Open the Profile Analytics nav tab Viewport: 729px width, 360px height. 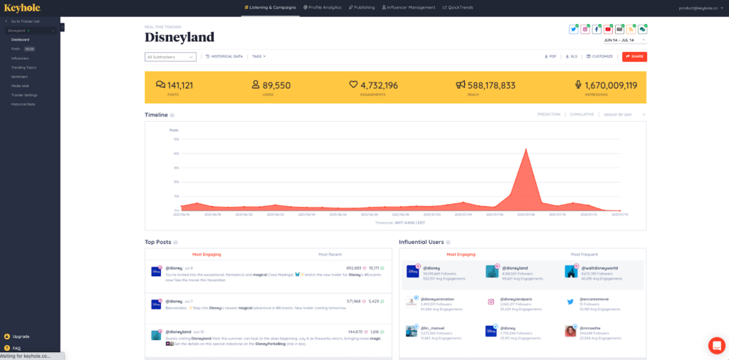[x=322, y=7]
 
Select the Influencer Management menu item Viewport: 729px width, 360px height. [x=409, y=7]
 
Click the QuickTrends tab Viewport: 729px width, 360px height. [x=458, y=7]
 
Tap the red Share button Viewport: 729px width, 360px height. [x=634, y=56]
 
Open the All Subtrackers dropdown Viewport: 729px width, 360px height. [x=170, y=57]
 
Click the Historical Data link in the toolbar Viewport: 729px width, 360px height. [x=224, y=56]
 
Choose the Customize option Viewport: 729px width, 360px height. [x=599, y=56]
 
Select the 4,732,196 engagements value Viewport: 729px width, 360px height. [x=379, y=85]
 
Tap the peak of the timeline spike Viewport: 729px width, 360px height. [x=525, y=149]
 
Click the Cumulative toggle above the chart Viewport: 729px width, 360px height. [x=582, y=115]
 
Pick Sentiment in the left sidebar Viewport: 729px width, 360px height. [x=19, y=76]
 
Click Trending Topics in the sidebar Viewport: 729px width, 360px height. [x=23, y=67]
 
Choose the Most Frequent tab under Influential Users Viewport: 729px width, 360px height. [x=584, y=254]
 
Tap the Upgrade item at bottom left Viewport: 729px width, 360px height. [x=21, y=337]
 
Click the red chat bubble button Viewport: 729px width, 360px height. [x=716, y=345]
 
